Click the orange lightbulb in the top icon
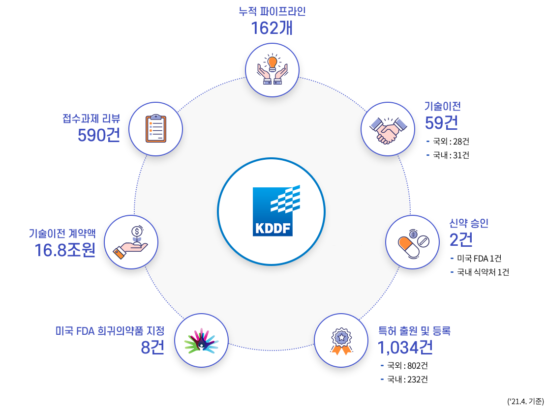[272, 63]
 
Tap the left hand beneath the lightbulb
[264, 74]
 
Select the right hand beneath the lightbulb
[281, 74]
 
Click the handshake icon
[388, 130]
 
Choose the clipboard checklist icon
[155, 129]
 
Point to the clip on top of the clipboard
[156, 117]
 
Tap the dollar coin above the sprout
[137, 231]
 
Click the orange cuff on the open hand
[119, 253]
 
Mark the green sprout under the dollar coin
[137, 240]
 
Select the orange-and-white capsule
[408, 247]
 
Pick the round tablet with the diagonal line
[423, 241]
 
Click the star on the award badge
[341, 337]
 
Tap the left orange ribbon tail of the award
[336, 350]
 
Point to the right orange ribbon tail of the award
[347, 350]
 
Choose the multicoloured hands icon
[201, 341]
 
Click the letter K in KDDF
[260, 229]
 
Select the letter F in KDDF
[287, 229]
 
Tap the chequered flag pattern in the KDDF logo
[286, 199]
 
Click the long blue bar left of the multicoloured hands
[110, 331]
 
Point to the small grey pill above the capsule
[413, 234]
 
